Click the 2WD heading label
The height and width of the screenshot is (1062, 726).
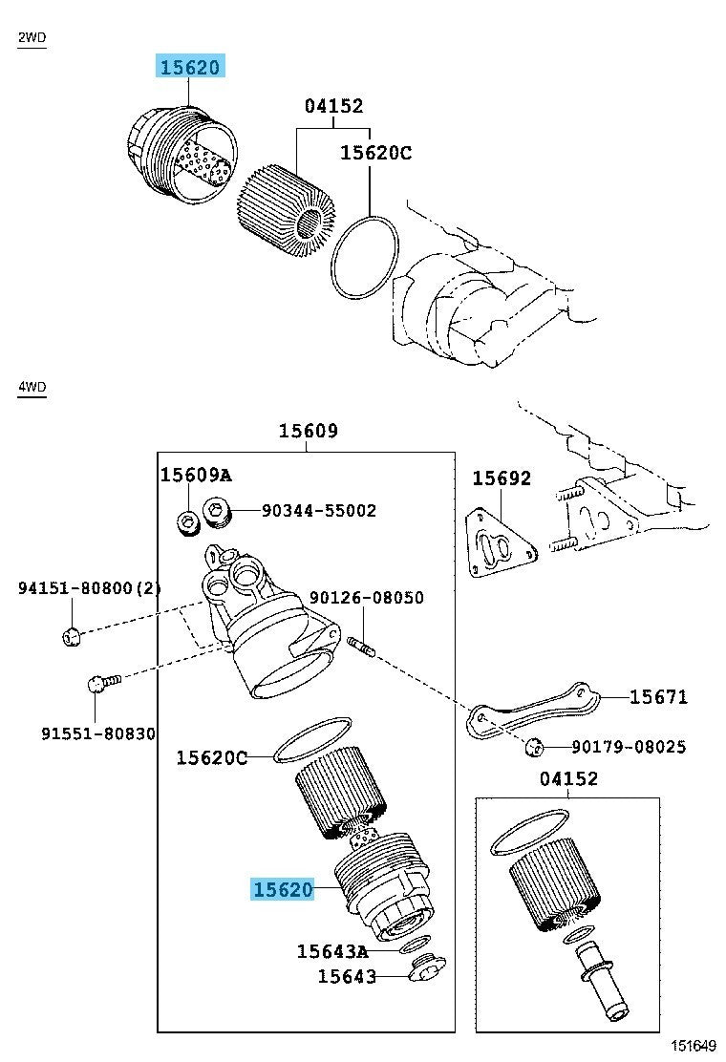32,38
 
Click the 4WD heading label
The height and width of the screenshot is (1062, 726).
32,387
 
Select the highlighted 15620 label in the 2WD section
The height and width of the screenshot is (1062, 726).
191,67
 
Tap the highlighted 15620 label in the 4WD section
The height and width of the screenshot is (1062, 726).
283,890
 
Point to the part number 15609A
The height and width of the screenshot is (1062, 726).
195,476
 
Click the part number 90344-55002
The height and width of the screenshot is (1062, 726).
319,511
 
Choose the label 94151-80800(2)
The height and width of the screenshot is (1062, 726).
89,589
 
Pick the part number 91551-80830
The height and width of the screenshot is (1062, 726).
98,733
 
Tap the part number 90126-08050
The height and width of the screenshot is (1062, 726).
366,599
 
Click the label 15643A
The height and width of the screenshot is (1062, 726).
331,951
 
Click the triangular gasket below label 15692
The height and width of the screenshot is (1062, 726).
499,545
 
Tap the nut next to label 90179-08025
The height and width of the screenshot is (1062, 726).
536,747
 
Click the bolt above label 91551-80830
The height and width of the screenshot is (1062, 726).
99,683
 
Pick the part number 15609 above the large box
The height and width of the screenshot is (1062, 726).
308,432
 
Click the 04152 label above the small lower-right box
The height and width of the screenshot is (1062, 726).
568,779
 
